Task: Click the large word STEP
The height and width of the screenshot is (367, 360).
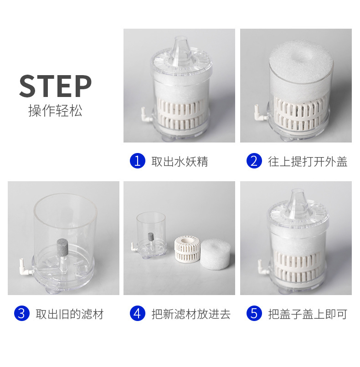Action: (55, 86)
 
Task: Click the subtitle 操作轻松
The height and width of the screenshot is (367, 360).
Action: (55, 111)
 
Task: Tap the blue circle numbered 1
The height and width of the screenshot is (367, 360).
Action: (138, 161)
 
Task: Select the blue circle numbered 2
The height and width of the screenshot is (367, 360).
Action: (254, 161)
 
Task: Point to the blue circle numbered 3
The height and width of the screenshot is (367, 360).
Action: (22, 313)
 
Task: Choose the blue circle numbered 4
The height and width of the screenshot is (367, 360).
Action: (138, 313)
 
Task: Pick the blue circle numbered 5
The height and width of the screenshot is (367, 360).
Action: (254, 313)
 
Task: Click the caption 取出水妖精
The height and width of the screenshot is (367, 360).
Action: (180, 162)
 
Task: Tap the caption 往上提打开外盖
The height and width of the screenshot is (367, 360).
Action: (308, 162)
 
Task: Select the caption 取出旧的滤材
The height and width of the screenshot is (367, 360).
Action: (70, 314)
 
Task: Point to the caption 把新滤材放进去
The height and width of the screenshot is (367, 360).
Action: (191, 314)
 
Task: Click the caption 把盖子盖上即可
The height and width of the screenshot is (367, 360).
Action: (308, 314)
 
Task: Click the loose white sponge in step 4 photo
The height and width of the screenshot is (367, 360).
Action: (216, 254)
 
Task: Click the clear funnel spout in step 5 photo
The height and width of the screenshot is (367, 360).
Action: (298, 203)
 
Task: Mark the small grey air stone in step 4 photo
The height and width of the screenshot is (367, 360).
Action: (150, 236)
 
